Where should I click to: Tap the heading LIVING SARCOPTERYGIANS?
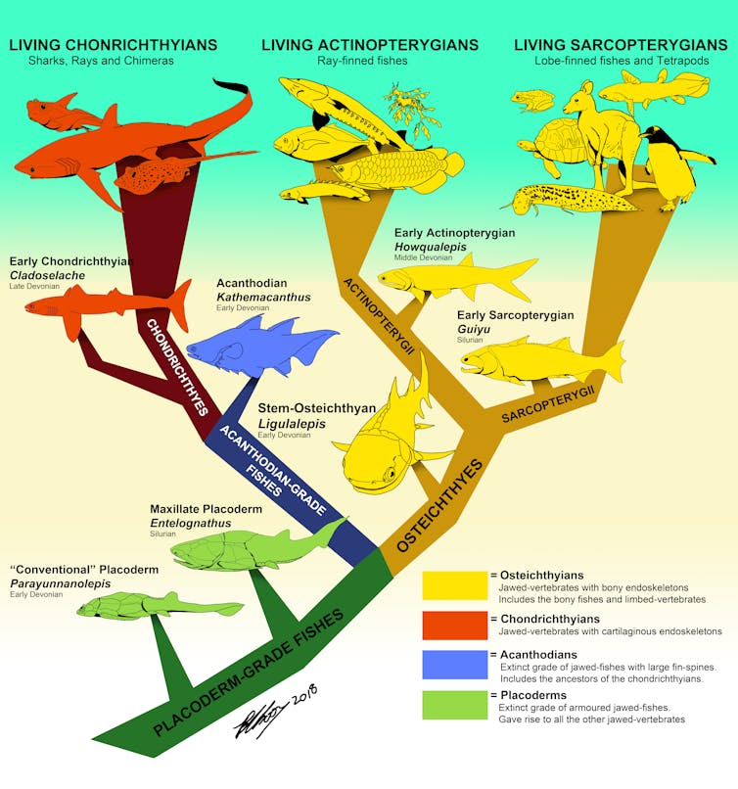pos(623,45)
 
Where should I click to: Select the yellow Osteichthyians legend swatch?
pos(454,584)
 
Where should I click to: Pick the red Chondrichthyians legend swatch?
pos(454,625)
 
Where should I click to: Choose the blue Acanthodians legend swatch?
pos(454,664)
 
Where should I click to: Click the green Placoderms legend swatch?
pos(454,705)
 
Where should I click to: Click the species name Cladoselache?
pos(47,276)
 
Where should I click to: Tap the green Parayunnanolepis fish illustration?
pos(157,607)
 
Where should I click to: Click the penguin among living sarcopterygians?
pos(671,166)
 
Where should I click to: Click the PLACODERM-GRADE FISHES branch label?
pos(250,673)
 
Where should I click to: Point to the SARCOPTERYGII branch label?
pos(549,403)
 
